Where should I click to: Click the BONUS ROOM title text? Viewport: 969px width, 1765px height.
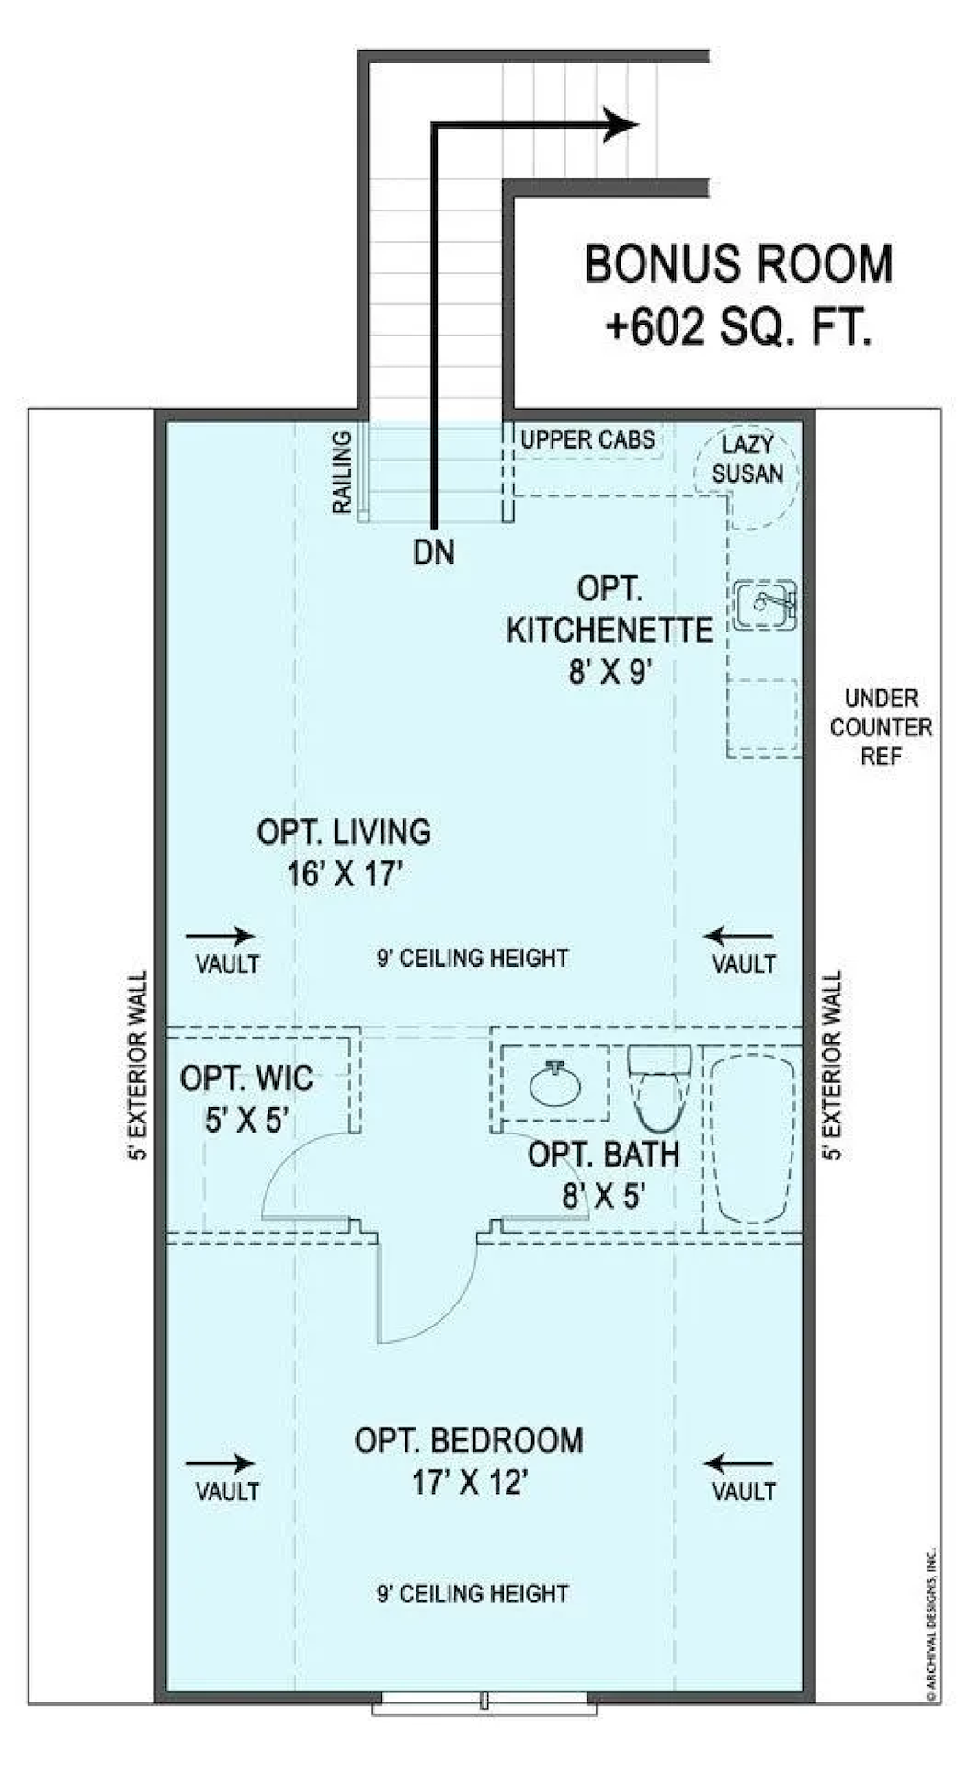pos(738,264)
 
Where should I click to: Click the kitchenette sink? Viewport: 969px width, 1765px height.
pos(766,604)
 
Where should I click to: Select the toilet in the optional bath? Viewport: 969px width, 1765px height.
pos(659,1088)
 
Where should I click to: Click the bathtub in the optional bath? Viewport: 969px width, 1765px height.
pos(754,1138)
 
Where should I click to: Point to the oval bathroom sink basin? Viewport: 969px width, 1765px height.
pos(556,1085)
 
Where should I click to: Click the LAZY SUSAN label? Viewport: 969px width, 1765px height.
pos(747,460)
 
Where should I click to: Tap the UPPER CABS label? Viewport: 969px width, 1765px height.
pos(587,439)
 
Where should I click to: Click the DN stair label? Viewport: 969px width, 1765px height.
pos(434,552)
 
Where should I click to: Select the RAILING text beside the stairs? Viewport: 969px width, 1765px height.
pos(342,472)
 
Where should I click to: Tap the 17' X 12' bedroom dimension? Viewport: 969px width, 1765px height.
pos(469,1483)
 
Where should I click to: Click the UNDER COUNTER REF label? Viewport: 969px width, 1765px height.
pos(881,727)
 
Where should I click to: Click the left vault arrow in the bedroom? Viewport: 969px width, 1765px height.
pos(221,1463)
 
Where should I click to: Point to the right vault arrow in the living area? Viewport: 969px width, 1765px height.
pos(739,937)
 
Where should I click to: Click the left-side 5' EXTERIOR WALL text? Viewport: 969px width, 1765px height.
pos(138,1066)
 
